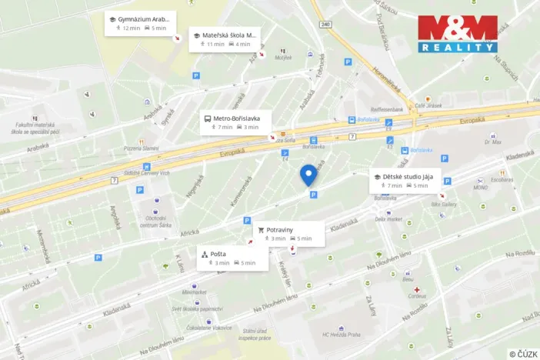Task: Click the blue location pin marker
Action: pos(309,175)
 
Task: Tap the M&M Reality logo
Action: pos(457,33)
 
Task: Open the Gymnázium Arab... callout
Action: pos(141,23)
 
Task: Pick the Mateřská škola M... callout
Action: pos(225,39)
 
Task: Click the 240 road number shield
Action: pos(326,25)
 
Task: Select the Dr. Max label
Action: pos(492,142)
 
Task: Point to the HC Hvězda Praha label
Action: pos(342,334)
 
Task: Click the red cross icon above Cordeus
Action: pos(416,290)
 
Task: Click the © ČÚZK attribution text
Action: pos(522,353)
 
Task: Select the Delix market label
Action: pos(388,218)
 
